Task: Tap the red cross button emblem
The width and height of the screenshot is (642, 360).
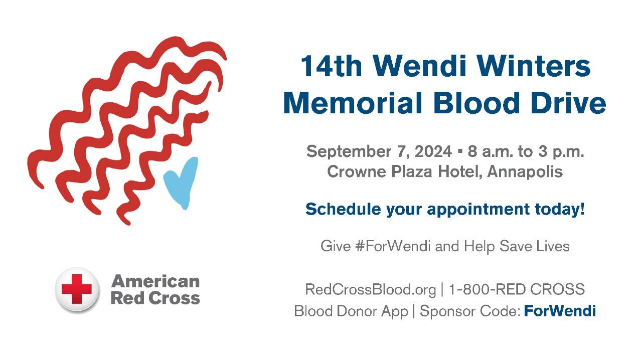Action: pyautogui.click(x=77, y=289)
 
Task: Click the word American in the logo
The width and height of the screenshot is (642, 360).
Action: pyautogui.click(x=155, y=281)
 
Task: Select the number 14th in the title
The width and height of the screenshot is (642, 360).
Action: pyautogui.click(x=332, y=66)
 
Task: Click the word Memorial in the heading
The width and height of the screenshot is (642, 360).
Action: pyautogui.click(x=353, y=103)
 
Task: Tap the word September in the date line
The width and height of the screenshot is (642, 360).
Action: pyautogui.click(x=349, y=152)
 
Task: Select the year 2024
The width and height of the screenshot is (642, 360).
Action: pyautogui.click(x=433, y=151)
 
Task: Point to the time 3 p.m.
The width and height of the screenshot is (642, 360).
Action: pyautogui.click(x=561, y=152)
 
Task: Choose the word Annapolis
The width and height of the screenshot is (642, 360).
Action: pyautogui.click(x=525, y=172)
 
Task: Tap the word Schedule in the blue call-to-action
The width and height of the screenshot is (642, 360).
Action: pyautogui.click(x=343, y=209)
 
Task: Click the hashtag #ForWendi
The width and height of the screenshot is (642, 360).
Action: pyautogui.click(x=393, y=246)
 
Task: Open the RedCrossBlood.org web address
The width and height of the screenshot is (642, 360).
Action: pyautogui.click(x=371, y=289)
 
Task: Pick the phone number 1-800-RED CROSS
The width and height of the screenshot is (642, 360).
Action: pyautogui.click(x=517, y=289)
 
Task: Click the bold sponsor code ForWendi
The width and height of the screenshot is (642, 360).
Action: pyautogui.click(x=560, y=311)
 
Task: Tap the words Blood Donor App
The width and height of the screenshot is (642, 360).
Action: pyautogui.click(x=351, y=311)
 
